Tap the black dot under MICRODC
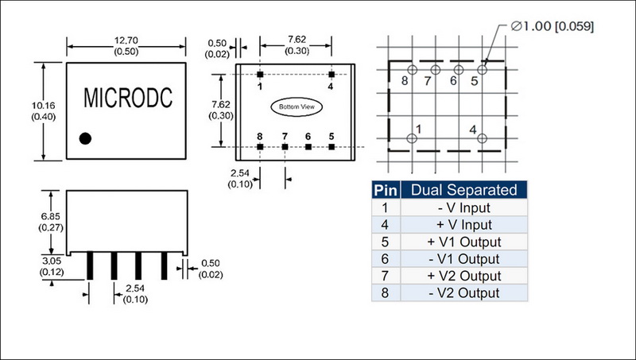click(x=85, y=138)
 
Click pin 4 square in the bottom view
click(x=332, y=73)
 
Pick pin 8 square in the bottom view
click(x=260, y=147)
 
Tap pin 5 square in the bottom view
click(x=332, y=147)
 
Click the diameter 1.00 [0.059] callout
click(x=553, y=26)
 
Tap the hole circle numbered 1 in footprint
click(x=412, y=138)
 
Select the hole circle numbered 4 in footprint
click(x=482, y=138)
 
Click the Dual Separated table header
click(x=463, y=190)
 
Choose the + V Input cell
click(x=463, y=225)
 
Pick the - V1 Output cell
click(x=463, y=259)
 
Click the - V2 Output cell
click(x=463, y=293)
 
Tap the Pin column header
click(x=385, y=190)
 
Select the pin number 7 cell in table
click(x=385, y=276)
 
